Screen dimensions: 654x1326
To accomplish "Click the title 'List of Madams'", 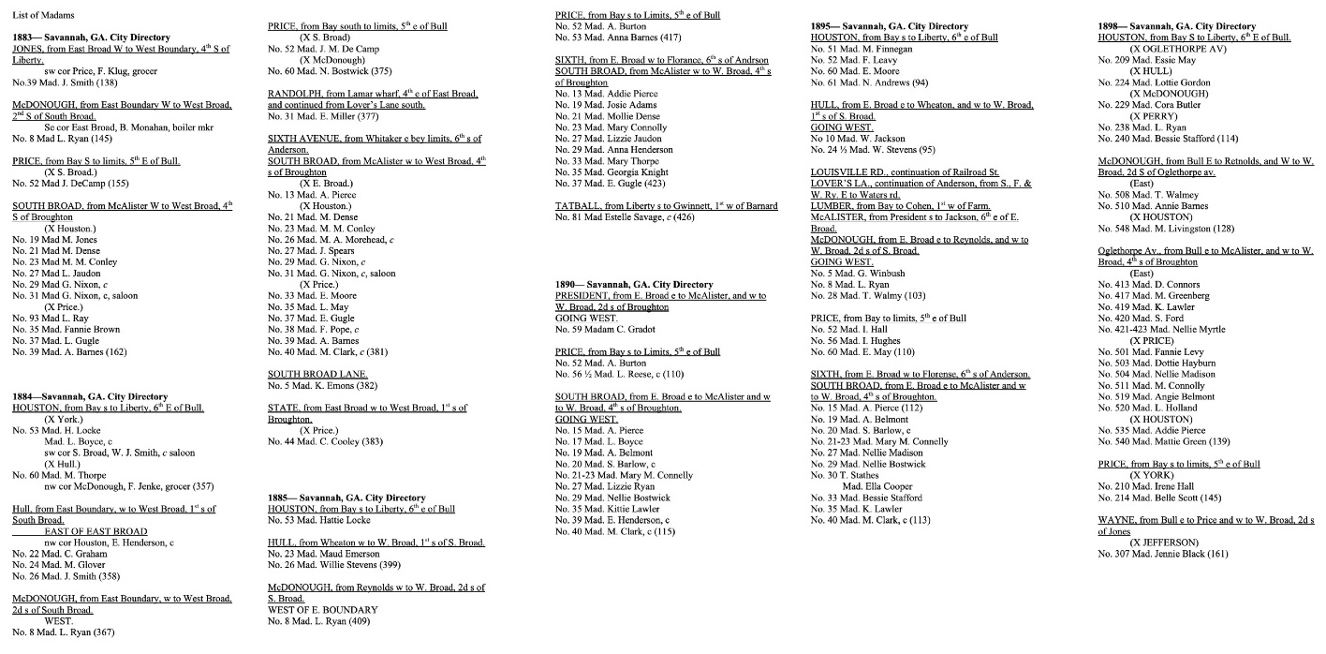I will point(43,16).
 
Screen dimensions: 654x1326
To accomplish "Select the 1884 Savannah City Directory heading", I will point(90,396).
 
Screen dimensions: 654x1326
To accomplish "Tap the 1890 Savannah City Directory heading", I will point(634,284).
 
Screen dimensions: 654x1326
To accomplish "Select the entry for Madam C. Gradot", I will point(604,329).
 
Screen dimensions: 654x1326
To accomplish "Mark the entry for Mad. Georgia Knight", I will point(611,172).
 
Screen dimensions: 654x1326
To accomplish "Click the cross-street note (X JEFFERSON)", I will point(1164,543).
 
